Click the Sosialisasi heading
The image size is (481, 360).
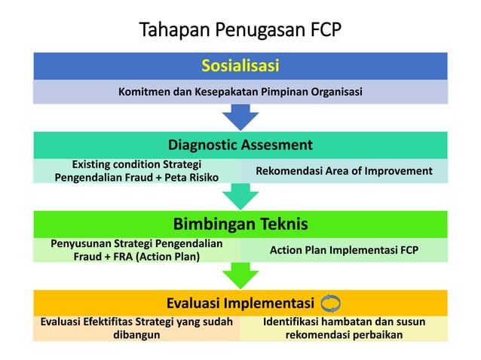(x=240, y=66)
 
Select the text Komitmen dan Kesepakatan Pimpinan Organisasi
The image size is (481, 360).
(x=240, y=92)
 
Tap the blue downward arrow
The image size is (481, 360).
(x=240, y=117)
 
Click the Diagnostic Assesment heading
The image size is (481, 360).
(x=240, y=145)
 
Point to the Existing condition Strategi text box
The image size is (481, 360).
(x=136, y=171)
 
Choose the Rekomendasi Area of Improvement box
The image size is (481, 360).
(x=344, y=171)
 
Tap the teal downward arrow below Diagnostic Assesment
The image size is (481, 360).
(x=240, y=196)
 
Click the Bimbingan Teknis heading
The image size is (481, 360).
(x=240, y=224)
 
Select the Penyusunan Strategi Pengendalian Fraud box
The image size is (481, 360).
(x=136, y=250)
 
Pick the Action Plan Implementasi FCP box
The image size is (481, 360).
(x=344, y=250)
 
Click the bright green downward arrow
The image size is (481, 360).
(x=240, y=275)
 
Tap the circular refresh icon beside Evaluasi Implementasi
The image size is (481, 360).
(x=330, y=303)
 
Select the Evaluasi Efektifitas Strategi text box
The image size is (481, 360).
(x=136, y=328)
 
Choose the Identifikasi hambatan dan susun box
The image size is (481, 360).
(x=344, y=328)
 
